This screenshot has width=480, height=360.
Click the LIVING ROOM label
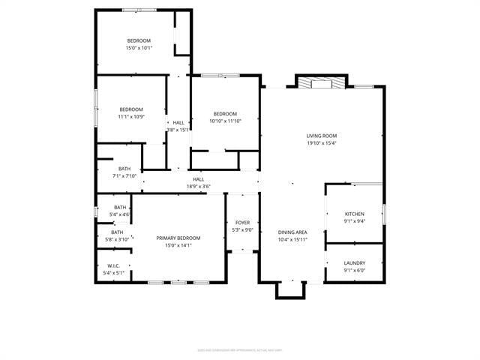322,136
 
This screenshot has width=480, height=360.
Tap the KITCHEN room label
355,214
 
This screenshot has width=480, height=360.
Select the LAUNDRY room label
355,263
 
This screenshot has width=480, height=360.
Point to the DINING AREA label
292,233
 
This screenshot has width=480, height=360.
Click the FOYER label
243,223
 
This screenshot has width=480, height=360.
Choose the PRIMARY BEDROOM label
178,238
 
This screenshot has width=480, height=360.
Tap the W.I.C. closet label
114,265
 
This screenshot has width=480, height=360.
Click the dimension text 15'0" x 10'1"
139,48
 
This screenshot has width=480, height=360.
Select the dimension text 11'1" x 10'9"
130,116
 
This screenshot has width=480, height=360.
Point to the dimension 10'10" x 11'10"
225,121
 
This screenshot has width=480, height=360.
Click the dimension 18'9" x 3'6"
199,186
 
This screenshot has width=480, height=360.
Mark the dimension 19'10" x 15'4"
322,142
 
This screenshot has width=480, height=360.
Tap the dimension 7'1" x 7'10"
124,175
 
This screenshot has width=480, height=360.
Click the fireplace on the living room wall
322,82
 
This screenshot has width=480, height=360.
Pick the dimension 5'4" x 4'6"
119,214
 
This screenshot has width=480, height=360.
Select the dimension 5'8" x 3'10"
118,239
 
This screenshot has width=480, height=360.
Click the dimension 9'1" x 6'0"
355,270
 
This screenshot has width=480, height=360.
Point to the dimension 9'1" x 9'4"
355,220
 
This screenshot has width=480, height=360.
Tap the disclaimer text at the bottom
239,349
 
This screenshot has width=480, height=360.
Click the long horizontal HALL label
199,179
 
